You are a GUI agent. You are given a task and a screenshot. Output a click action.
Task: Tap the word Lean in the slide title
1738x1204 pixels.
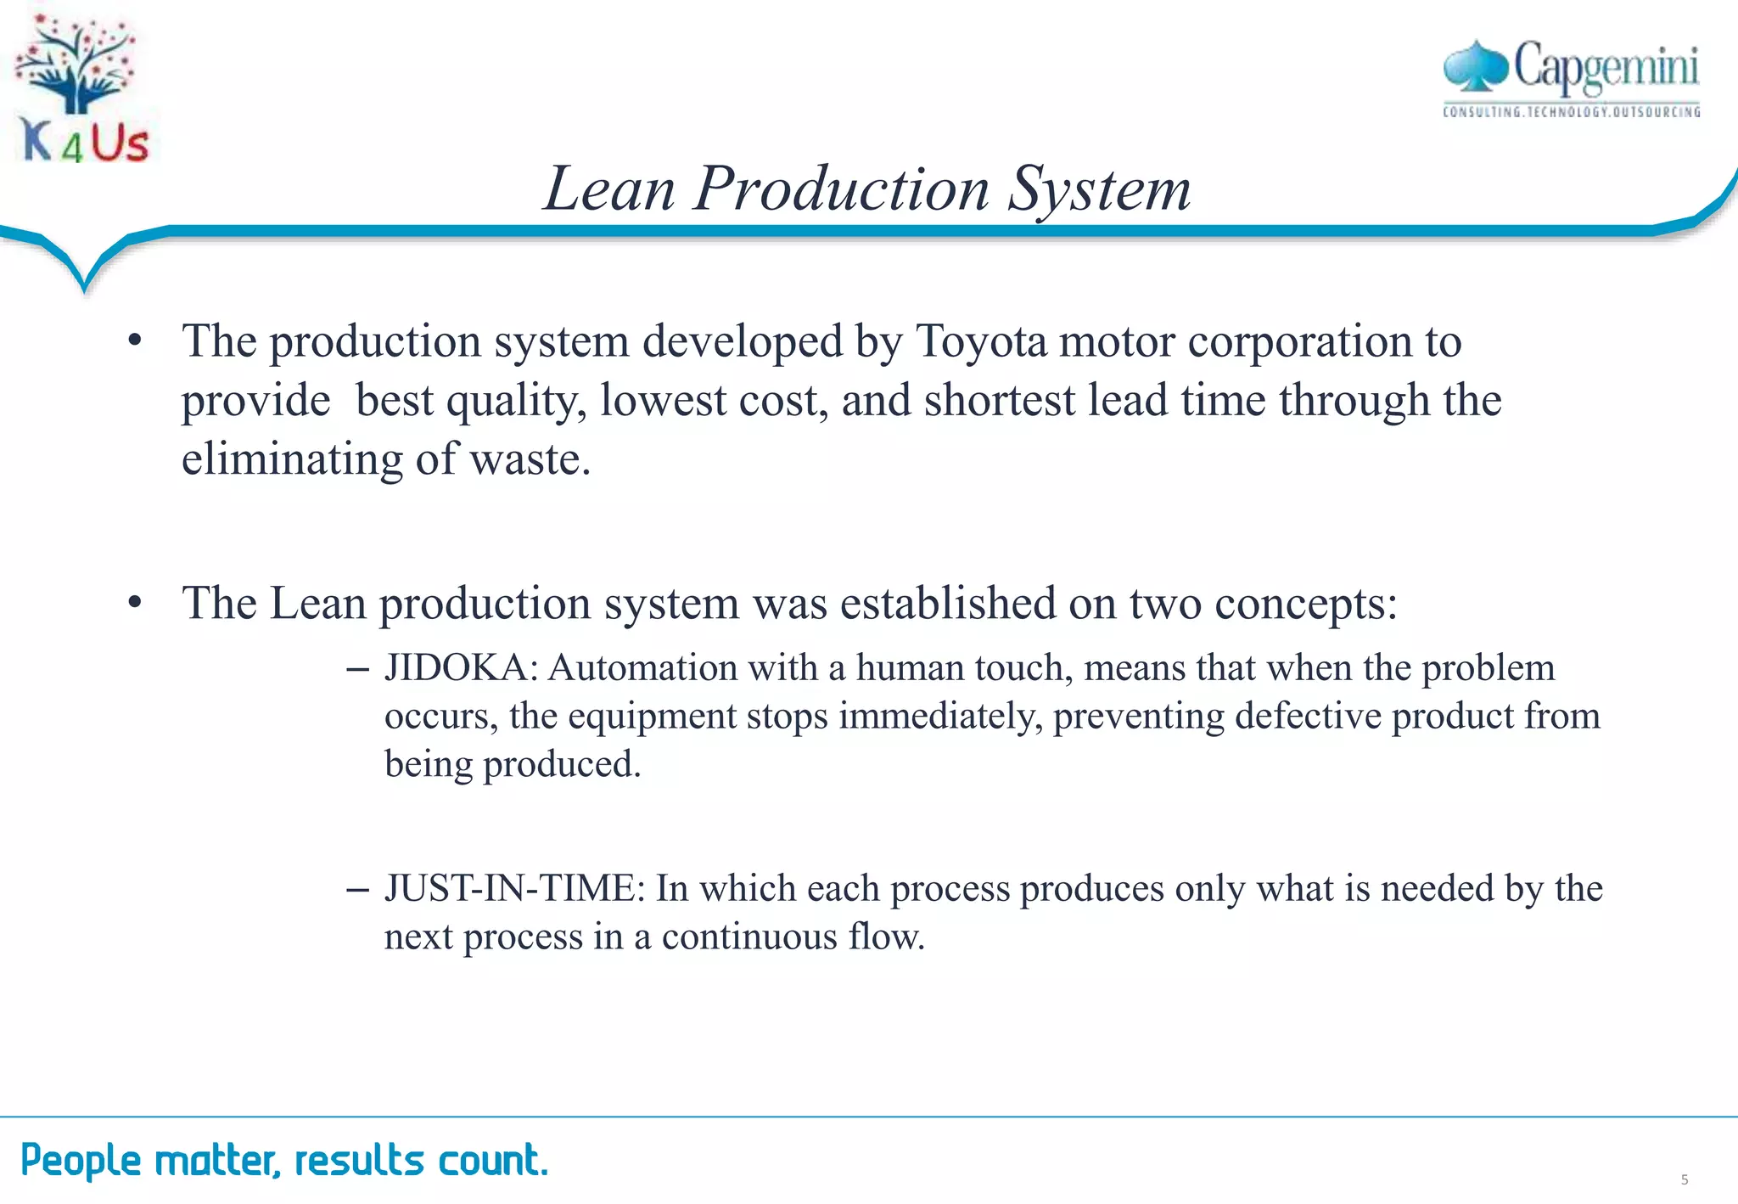pos(609,188)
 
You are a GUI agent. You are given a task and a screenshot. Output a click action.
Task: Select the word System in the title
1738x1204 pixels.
pos(1099,188)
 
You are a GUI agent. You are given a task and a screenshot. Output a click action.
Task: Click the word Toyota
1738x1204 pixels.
pos(981,341)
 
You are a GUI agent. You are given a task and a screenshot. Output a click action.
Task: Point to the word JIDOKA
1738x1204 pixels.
pos(457,668)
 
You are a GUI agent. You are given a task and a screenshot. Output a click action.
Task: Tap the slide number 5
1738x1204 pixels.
pos(1684,1179)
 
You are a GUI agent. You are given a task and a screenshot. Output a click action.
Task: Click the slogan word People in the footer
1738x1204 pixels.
pos(81,1160)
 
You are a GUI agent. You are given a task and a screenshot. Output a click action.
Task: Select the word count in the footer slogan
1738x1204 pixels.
pos(492,1160)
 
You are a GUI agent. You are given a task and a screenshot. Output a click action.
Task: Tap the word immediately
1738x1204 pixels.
pos(939,716)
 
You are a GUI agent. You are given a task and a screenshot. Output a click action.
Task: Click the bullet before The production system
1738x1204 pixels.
pos(134,341)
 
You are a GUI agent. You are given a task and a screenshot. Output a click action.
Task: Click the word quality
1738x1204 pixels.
pos(515,401)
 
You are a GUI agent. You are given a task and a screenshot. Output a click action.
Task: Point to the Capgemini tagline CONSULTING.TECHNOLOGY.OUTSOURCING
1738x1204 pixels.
pos(1571,112)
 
